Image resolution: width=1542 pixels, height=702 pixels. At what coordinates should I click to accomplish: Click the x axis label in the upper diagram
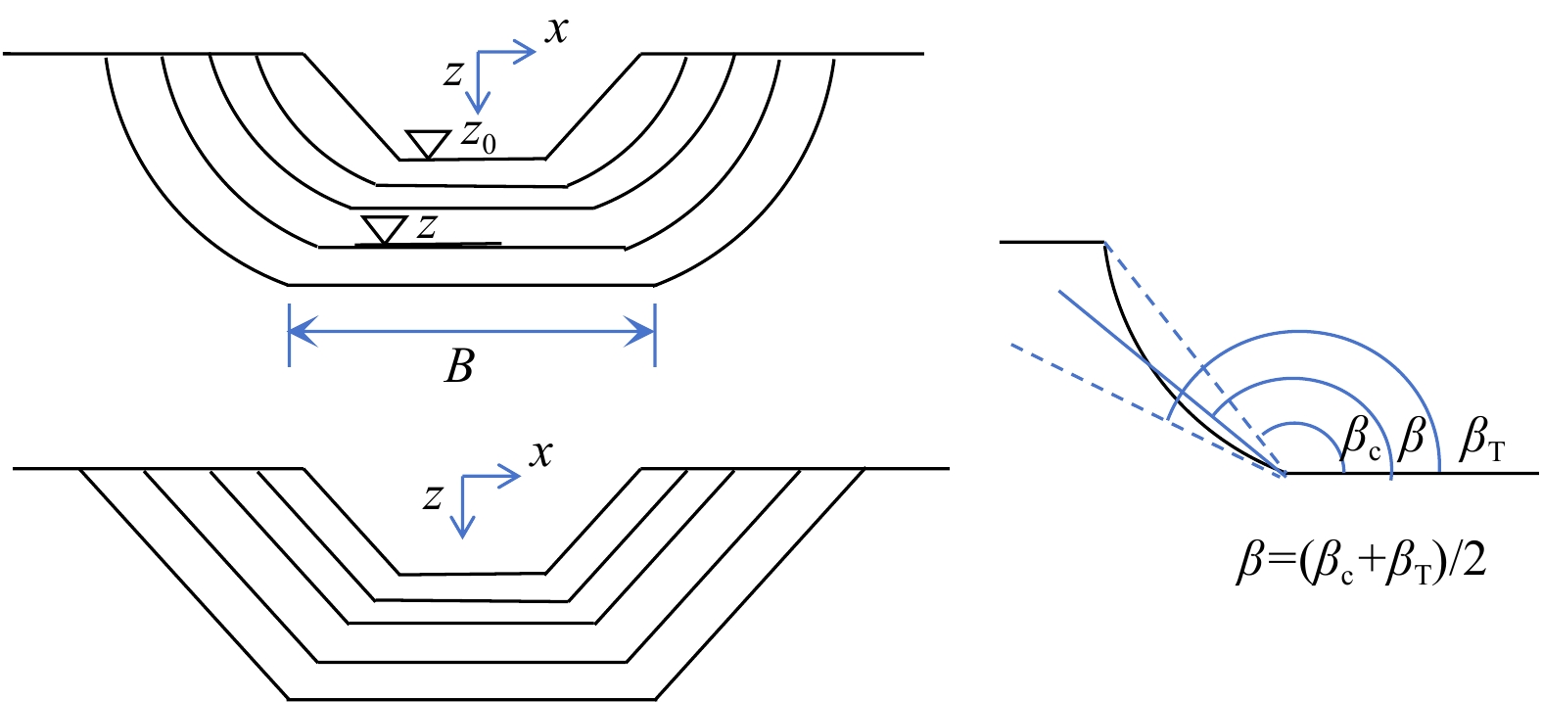click(557, 30)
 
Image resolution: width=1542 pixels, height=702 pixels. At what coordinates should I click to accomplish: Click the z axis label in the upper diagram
click(452, 72)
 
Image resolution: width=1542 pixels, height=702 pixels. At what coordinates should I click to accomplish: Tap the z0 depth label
click(479, 137)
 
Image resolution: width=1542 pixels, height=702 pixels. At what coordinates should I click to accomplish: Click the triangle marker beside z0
click(427, 143)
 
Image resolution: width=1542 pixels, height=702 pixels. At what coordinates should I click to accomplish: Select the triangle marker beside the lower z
click(384, 228)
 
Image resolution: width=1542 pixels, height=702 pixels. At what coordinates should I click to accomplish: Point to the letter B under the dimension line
click(459, 367)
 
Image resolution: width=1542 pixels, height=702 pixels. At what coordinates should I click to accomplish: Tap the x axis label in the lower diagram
click(541, 453)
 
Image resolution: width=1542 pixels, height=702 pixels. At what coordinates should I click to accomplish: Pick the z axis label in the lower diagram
click(433, 496)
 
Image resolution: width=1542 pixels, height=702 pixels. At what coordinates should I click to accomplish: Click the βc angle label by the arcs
click(1361, 437)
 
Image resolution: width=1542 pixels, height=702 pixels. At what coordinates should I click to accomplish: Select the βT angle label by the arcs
click(1481, 439)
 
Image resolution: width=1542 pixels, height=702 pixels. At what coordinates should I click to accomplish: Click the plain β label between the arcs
click(1412, 437)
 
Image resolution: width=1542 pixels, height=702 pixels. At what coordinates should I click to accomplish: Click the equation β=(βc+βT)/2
click(1362, 565)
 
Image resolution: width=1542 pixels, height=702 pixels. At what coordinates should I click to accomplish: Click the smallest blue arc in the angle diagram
click(1301, 427)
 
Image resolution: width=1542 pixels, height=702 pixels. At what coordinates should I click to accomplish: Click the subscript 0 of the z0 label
click(489, 145)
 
